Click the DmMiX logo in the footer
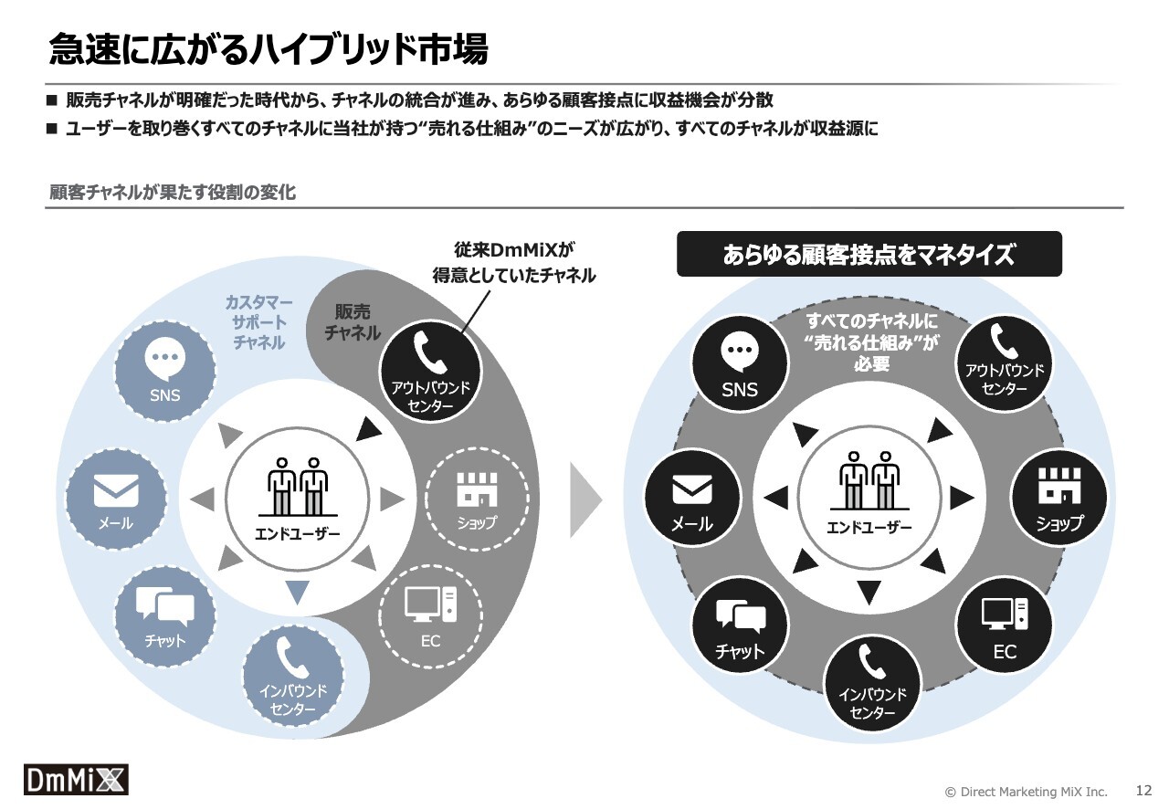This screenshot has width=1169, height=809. pos(76,779)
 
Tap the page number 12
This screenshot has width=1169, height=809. pos(1143,790)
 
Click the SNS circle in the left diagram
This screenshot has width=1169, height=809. pos(165,372)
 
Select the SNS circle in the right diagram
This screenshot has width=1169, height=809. pos(740,363)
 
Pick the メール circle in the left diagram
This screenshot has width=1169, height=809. pos(116,499)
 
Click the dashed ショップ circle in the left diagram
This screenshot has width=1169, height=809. pos(477,499)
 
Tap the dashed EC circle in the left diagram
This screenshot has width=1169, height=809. pos(430,616)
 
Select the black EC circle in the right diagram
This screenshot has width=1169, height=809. pos(1004,625)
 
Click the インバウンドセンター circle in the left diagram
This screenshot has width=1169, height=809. pos(293,676)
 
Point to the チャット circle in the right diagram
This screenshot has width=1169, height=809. pos(740,625)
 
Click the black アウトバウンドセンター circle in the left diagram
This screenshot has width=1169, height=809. pos(431,372)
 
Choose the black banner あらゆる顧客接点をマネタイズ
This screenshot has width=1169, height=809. pos(869,254)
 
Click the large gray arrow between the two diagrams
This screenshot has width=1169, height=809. pos(584,499)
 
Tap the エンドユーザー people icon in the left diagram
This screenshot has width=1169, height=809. pos(298,487)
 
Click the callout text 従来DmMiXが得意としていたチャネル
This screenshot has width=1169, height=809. pos(513,263)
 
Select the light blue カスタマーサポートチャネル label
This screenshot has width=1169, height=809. pos(258,322)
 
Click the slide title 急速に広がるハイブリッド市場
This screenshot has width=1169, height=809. pos(269,49)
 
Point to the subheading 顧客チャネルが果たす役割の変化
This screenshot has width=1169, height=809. pos(173,193)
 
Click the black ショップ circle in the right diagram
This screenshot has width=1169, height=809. pos(1058,498)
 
